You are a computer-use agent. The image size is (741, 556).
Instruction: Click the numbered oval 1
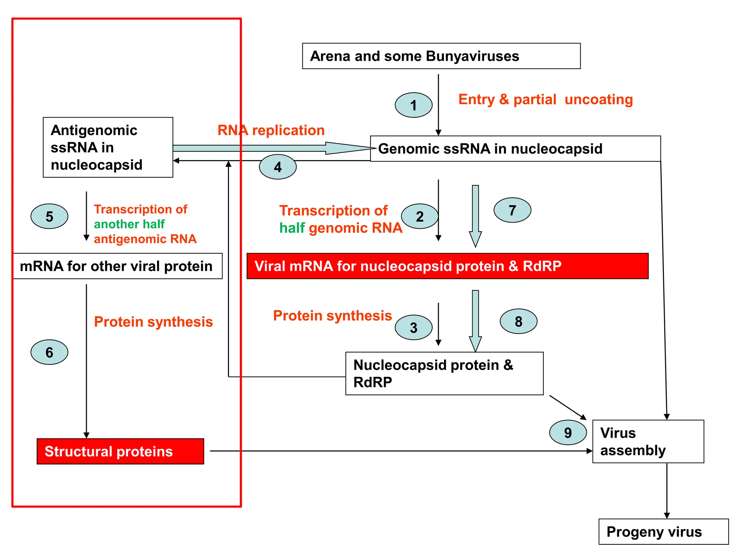[413, 105]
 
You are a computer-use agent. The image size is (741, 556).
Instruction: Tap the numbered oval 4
[278, 167]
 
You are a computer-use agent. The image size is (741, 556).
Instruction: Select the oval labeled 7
[512, 210]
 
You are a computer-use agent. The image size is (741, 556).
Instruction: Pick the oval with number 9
[568, 432]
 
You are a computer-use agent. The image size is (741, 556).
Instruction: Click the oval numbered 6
[49, 352]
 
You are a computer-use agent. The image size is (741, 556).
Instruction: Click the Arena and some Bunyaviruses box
[441, 56]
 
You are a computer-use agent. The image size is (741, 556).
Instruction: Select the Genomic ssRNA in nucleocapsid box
[515, 149]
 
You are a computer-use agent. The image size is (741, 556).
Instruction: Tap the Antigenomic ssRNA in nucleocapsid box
[108, 147]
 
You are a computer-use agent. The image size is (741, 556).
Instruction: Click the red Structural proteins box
[120, 451]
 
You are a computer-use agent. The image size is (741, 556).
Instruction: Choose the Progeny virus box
[663, 531]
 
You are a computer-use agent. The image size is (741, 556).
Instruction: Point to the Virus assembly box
[648, 441]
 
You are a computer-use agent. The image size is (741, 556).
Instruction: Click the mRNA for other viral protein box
[118, 266]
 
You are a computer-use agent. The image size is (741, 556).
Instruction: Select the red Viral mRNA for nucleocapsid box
[447, 266]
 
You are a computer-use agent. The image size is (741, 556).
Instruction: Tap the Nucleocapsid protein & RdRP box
[444, 373]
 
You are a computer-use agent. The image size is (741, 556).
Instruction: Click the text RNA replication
[271, 130]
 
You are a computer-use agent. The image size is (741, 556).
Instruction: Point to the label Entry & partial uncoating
[545, 100]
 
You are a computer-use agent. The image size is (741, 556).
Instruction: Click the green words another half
[129, 224]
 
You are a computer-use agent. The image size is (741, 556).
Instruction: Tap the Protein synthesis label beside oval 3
[332, 316]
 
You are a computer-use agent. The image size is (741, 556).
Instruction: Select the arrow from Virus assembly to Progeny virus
[666, 490]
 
